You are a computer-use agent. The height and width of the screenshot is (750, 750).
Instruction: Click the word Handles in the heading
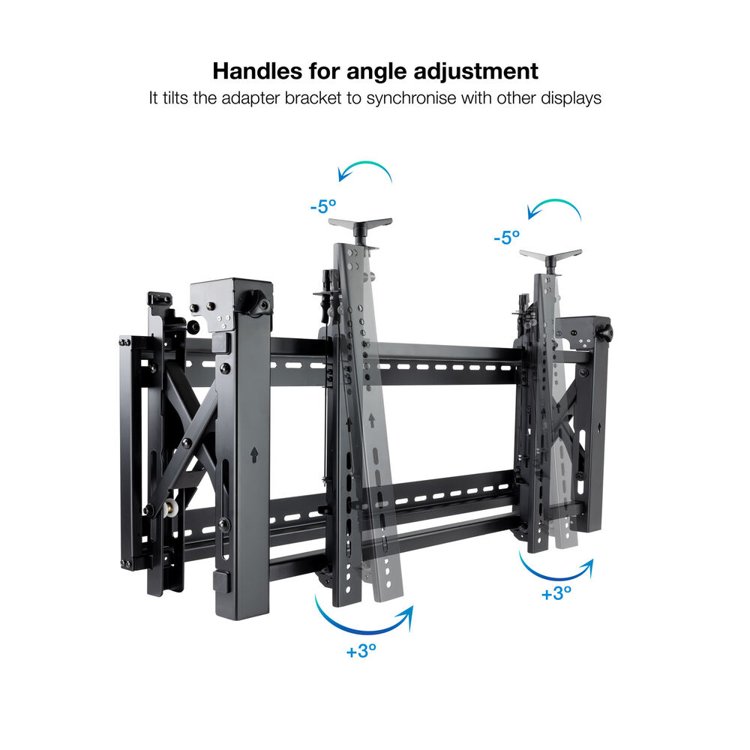point(257,70)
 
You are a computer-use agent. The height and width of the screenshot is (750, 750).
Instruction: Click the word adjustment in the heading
point(475,72)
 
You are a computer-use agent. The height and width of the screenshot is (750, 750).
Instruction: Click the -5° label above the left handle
point(323,207)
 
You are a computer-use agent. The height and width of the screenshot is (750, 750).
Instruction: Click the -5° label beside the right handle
point(507,237)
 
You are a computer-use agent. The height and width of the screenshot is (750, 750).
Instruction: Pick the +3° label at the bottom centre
point(361,650)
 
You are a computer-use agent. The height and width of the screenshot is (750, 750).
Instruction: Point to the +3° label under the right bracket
point(556,593)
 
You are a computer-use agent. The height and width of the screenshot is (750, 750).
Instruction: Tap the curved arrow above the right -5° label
point(555,201)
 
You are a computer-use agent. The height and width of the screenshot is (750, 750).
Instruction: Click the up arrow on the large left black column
point(254,454)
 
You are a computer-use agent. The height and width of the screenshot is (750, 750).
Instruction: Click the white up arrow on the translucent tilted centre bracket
point(372,421)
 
